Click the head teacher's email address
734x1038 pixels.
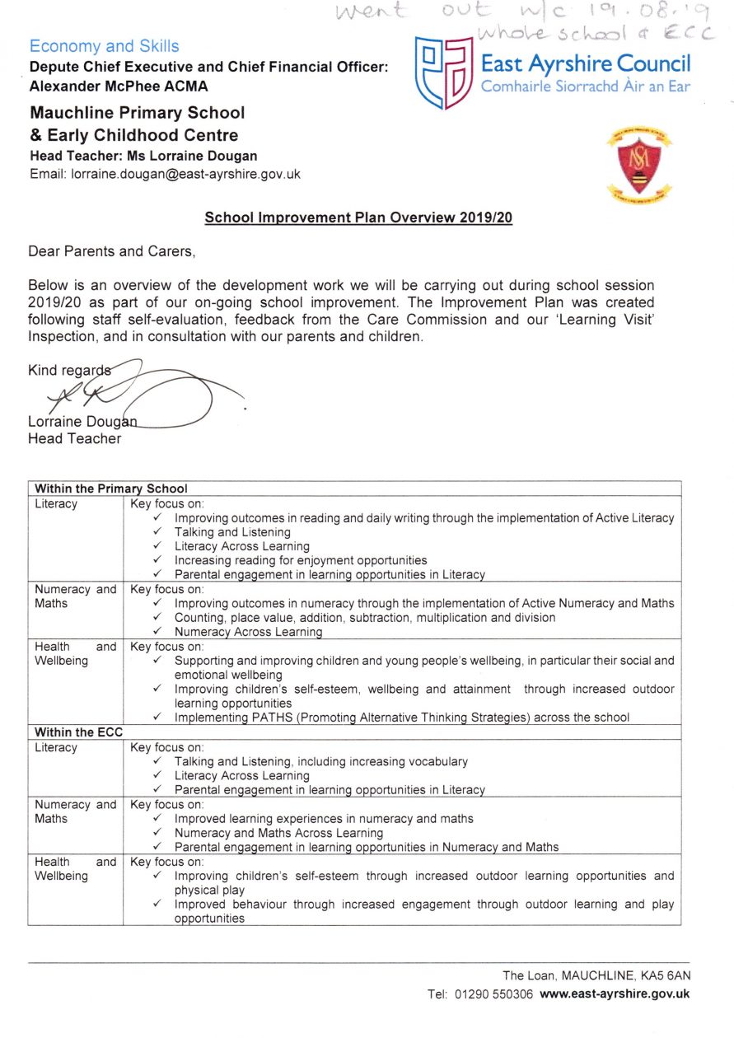(x=185, y=174)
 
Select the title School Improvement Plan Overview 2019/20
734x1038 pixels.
(x=358, y=218)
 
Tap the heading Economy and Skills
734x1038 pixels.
(x=104, y=46)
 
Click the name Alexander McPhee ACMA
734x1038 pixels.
(x=119, y=86)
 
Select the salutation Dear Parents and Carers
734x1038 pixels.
(x=112, y=251)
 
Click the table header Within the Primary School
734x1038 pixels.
(x=111, y=489)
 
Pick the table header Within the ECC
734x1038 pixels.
(x=76, y=732)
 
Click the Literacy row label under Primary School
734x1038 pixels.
(x=55, y=504)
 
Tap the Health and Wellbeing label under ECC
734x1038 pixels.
(x=75, y=869)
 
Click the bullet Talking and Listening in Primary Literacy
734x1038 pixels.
(x=232, y=532)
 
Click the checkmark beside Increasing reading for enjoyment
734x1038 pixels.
(x=157, y=560)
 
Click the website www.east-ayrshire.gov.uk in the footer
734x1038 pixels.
(x=615, y=994)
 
